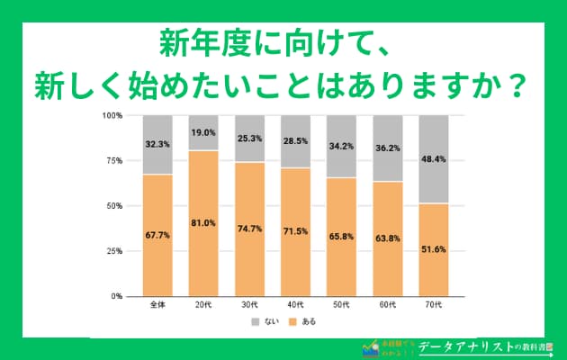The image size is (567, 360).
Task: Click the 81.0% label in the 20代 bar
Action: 203,222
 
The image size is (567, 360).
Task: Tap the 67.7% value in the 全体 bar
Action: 157,234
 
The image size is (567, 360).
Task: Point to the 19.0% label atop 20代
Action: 203,132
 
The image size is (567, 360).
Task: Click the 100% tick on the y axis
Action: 112,116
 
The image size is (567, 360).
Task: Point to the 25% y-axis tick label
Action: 113,251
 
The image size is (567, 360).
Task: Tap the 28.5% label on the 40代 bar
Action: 296,141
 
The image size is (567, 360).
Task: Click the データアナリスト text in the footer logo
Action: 470,346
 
